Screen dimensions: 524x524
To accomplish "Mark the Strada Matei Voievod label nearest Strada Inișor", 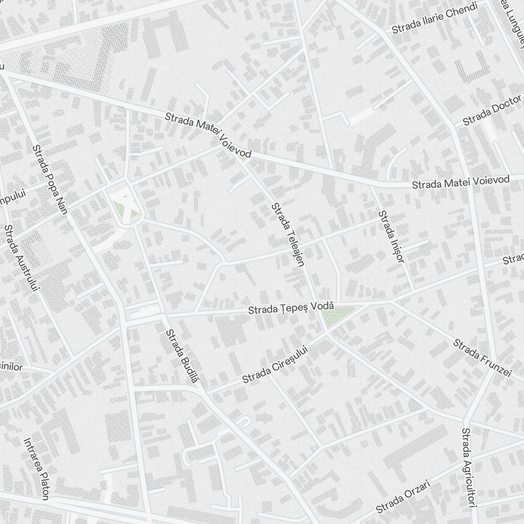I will (x=461, y=182).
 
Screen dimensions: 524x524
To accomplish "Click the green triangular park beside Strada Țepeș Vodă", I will (x=336, y=316).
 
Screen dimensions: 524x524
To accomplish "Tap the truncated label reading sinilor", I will (x=12, y=367).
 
